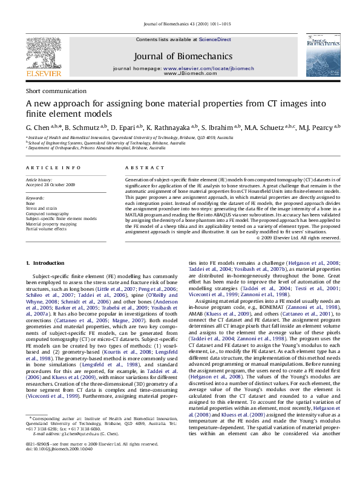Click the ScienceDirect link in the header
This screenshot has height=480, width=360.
tap(215, 39)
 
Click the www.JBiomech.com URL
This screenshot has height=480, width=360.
tap(183, 74)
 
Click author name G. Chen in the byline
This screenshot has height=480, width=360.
tap(37, 128)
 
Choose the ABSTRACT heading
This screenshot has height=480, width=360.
tap(141, 167)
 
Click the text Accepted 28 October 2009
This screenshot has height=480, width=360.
tap(50, 185)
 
